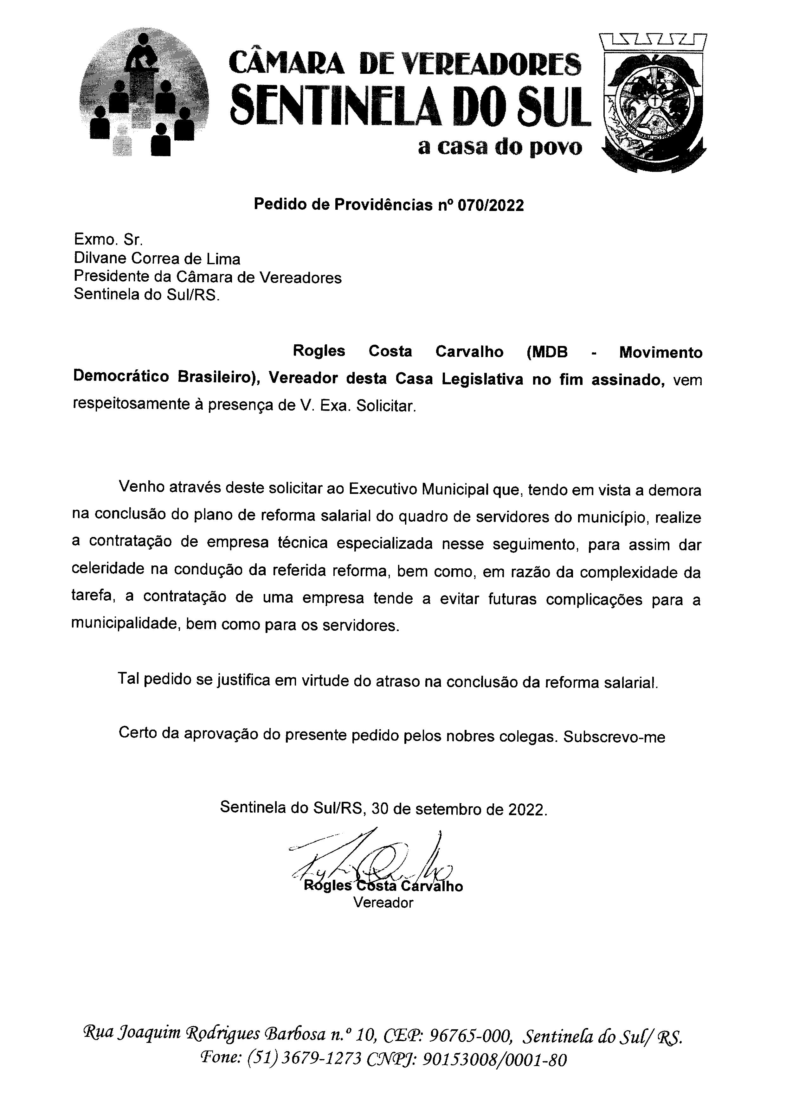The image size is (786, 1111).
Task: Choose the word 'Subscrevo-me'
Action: [x=614, y=737]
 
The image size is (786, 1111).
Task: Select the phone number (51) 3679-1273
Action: [x=305, y=1060]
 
